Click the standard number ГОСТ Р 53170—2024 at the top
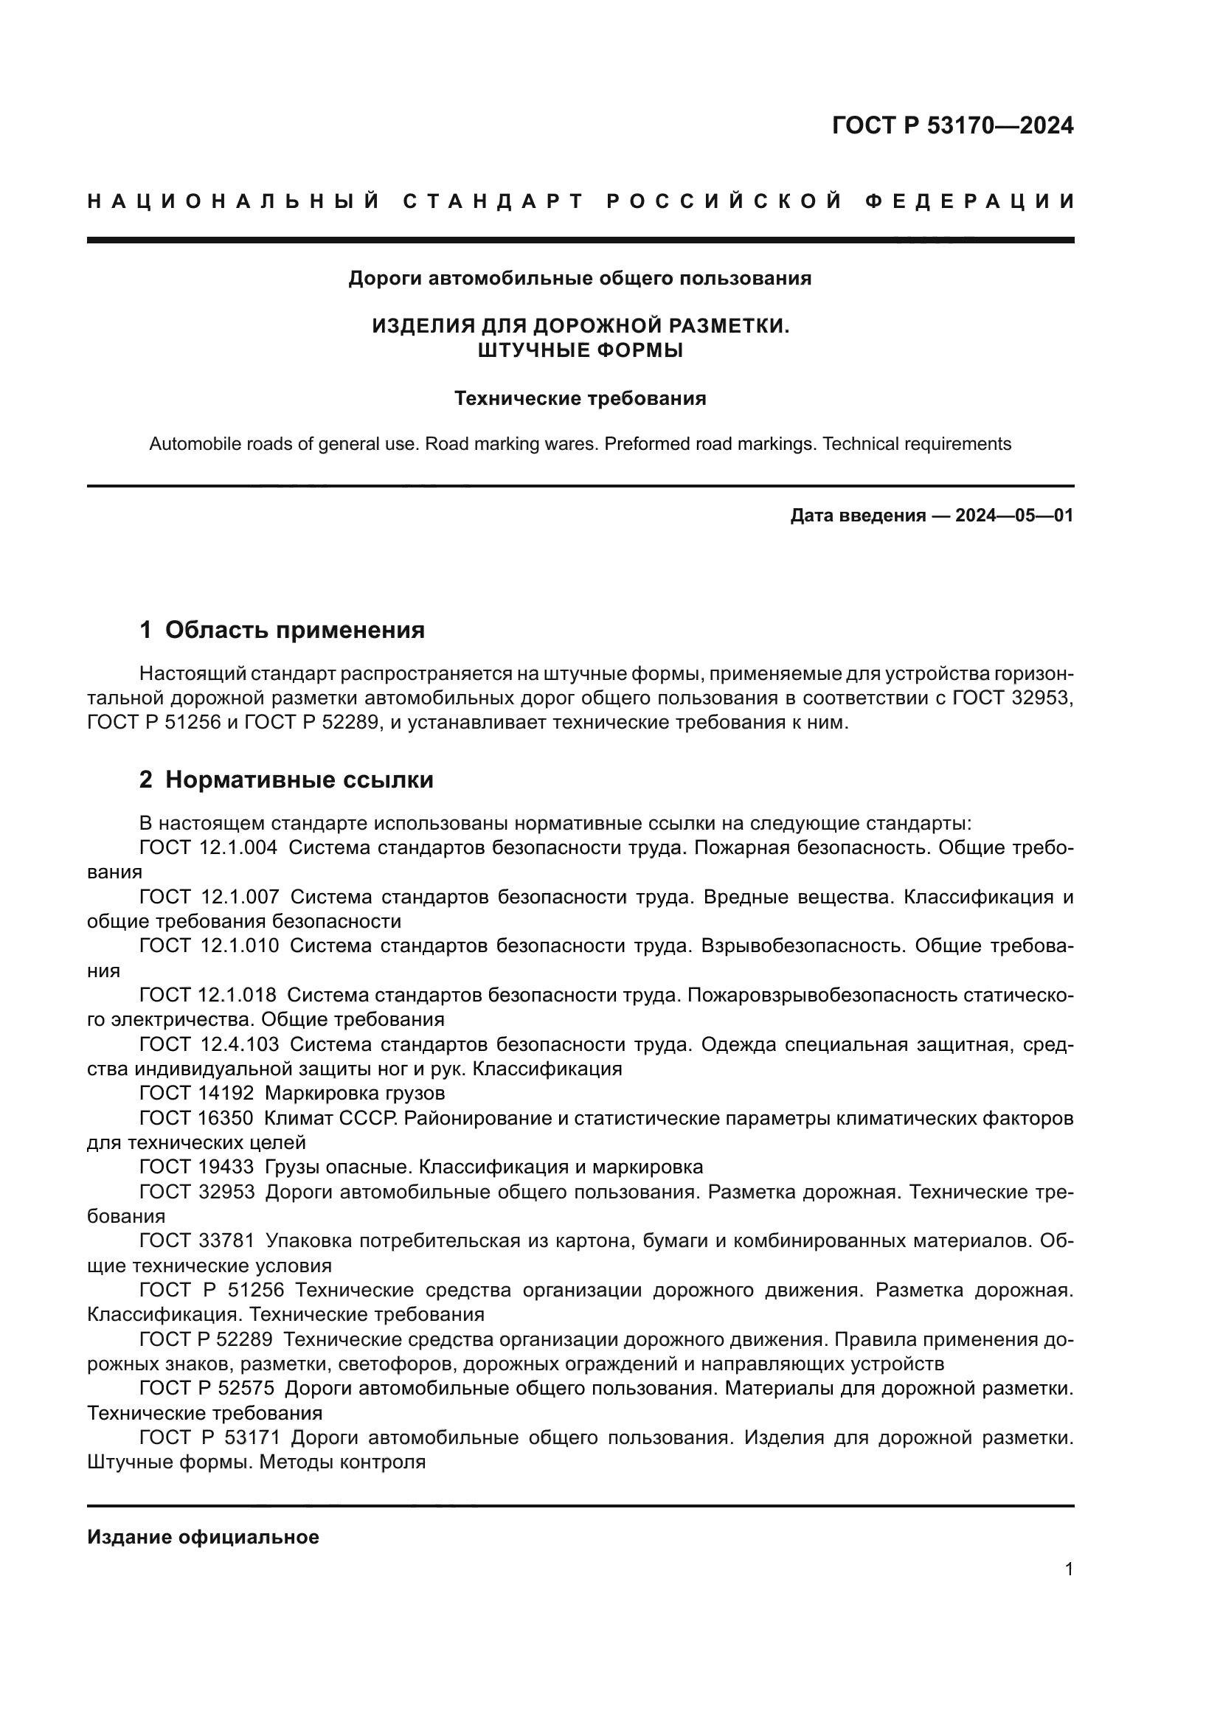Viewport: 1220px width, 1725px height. tap(952, 125)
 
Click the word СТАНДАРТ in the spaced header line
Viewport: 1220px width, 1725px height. tap(493, 201)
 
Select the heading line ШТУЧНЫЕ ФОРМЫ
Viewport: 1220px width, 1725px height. tap(580, 350)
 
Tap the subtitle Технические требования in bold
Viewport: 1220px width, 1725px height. tap(580, 398)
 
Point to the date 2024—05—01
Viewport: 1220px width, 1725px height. tap(1014, 516)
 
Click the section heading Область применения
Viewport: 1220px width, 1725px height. tap(294, 630)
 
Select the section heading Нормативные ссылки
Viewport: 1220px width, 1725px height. tap(299, 780)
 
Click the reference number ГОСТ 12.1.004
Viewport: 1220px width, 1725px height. tap(208, 847)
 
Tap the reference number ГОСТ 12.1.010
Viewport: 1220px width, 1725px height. tap(209, 946)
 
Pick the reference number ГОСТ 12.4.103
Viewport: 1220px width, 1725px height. tap(209, 1044)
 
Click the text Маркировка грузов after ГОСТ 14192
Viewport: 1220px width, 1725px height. tap(355, 1092)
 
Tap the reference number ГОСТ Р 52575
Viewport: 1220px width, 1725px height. tap(207, 1388)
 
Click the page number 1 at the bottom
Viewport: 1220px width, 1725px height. tap(1069, 1569)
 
